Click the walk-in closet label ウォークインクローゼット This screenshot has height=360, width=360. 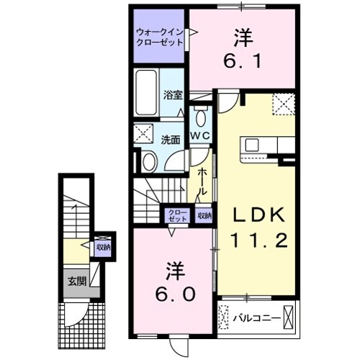(160, 37)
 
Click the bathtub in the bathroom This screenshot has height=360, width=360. (147, 94)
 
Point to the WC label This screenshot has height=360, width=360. (199, 136)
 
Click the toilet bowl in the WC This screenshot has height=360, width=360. (199, 117)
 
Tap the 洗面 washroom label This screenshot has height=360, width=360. (170, 140)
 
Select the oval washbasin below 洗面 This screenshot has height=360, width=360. (149, 161)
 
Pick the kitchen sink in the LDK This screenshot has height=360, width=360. (256, 144)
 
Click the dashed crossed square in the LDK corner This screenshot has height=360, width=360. (283, 104)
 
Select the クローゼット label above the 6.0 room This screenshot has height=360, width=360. (176, 215)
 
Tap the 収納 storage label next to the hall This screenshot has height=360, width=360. (204, 215)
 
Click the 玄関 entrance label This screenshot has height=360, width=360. (76, 280)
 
